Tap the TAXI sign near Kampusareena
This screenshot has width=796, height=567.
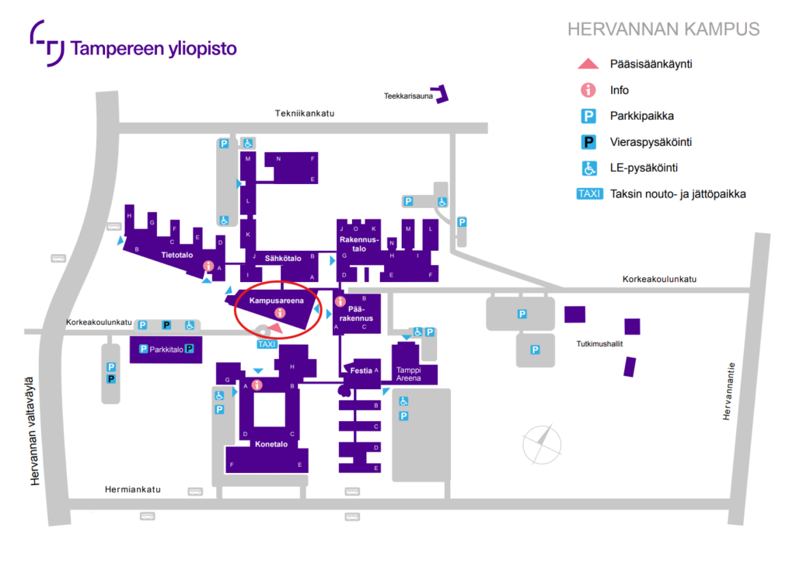click(267, 344)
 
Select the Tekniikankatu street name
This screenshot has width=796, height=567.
click(304, 113)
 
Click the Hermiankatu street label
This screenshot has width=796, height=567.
click(132, 489)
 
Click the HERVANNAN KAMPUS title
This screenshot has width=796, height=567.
click(663, 30)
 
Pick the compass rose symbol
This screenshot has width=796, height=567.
click(542, 443)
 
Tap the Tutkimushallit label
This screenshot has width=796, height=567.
click(600, 343)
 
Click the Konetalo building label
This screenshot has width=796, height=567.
click(271, 445)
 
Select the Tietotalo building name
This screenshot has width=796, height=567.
click(176, 254)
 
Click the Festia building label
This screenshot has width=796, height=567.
click(361, 370)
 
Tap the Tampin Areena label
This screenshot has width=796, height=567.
click(408, 374)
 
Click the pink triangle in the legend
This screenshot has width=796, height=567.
click(588, 64)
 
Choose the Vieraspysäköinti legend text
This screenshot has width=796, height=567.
click(651, 142)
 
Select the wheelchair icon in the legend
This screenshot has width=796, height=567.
click(588, 168)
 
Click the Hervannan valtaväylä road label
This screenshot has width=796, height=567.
click(34, 431)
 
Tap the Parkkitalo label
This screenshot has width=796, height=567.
click(166, 350)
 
